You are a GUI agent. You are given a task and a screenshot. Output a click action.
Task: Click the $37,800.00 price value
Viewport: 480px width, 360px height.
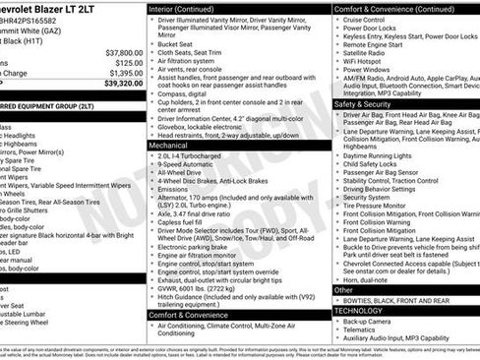(x=124, y=52)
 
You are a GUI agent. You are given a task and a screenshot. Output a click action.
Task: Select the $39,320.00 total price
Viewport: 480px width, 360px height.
(x=124, y=85)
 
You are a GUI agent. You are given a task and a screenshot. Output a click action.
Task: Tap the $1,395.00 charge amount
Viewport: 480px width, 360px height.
(x=126, y=74)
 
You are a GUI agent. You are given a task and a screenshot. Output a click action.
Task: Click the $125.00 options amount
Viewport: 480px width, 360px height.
(x=129, y=63)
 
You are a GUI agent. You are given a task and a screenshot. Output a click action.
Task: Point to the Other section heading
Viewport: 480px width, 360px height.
(x=343, y=290)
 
